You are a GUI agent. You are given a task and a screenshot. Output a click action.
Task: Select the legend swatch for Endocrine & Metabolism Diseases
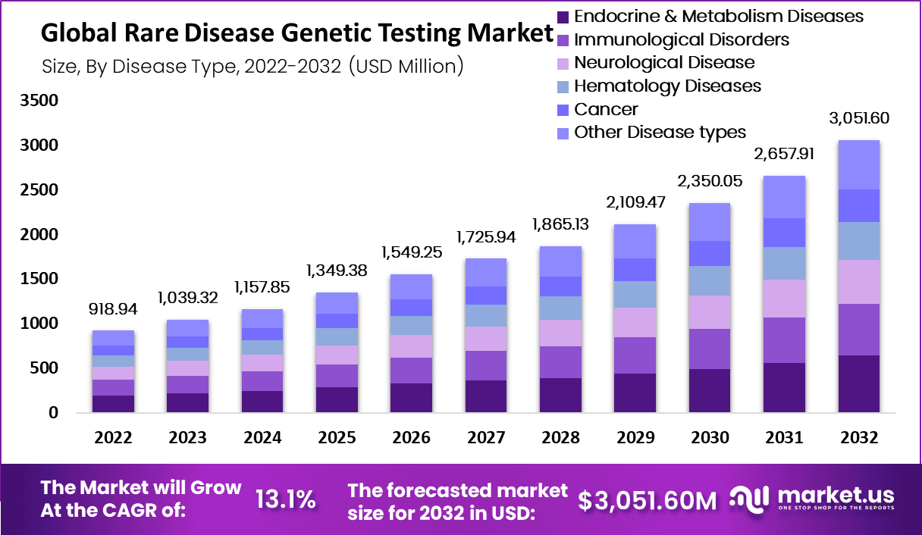563,16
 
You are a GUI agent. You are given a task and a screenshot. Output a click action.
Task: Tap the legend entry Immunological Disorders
681,39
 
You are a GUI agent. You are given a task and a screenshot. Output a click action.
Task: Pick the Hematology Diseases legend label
667,86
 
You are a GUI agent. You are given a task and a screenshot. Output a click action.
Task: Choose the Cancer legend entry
606,109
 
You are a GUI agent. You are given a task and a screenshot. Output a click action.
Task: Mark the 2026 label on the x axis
412,438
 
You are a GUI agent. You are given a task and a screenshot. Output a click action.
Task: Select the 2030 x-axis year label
710,438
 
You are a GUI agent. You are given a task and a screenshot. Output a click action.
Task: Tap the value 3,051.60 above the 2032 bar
858,118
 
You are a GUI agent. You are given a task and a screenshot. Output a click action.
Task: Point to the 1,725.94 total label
486,238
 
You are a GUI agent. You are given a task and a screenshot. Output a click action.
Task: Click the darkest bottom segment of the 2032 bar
858,383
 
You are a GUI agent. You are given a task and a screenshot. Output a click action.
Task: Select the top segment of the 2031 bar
784,197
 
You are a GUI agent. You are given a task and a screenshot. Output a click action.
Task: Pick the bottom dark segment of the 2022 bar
113,404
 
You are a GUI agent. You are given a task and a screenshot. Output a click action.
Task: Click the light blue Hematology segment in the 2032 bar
858,241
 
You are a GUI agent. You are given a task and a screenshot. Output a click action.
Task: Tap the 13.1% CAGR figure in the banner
285,499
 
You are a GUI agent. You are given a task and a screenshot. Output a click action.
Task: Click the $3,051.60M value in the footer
646,499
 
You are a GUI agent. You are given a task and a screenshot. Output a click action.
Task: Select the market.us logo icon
749,497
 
